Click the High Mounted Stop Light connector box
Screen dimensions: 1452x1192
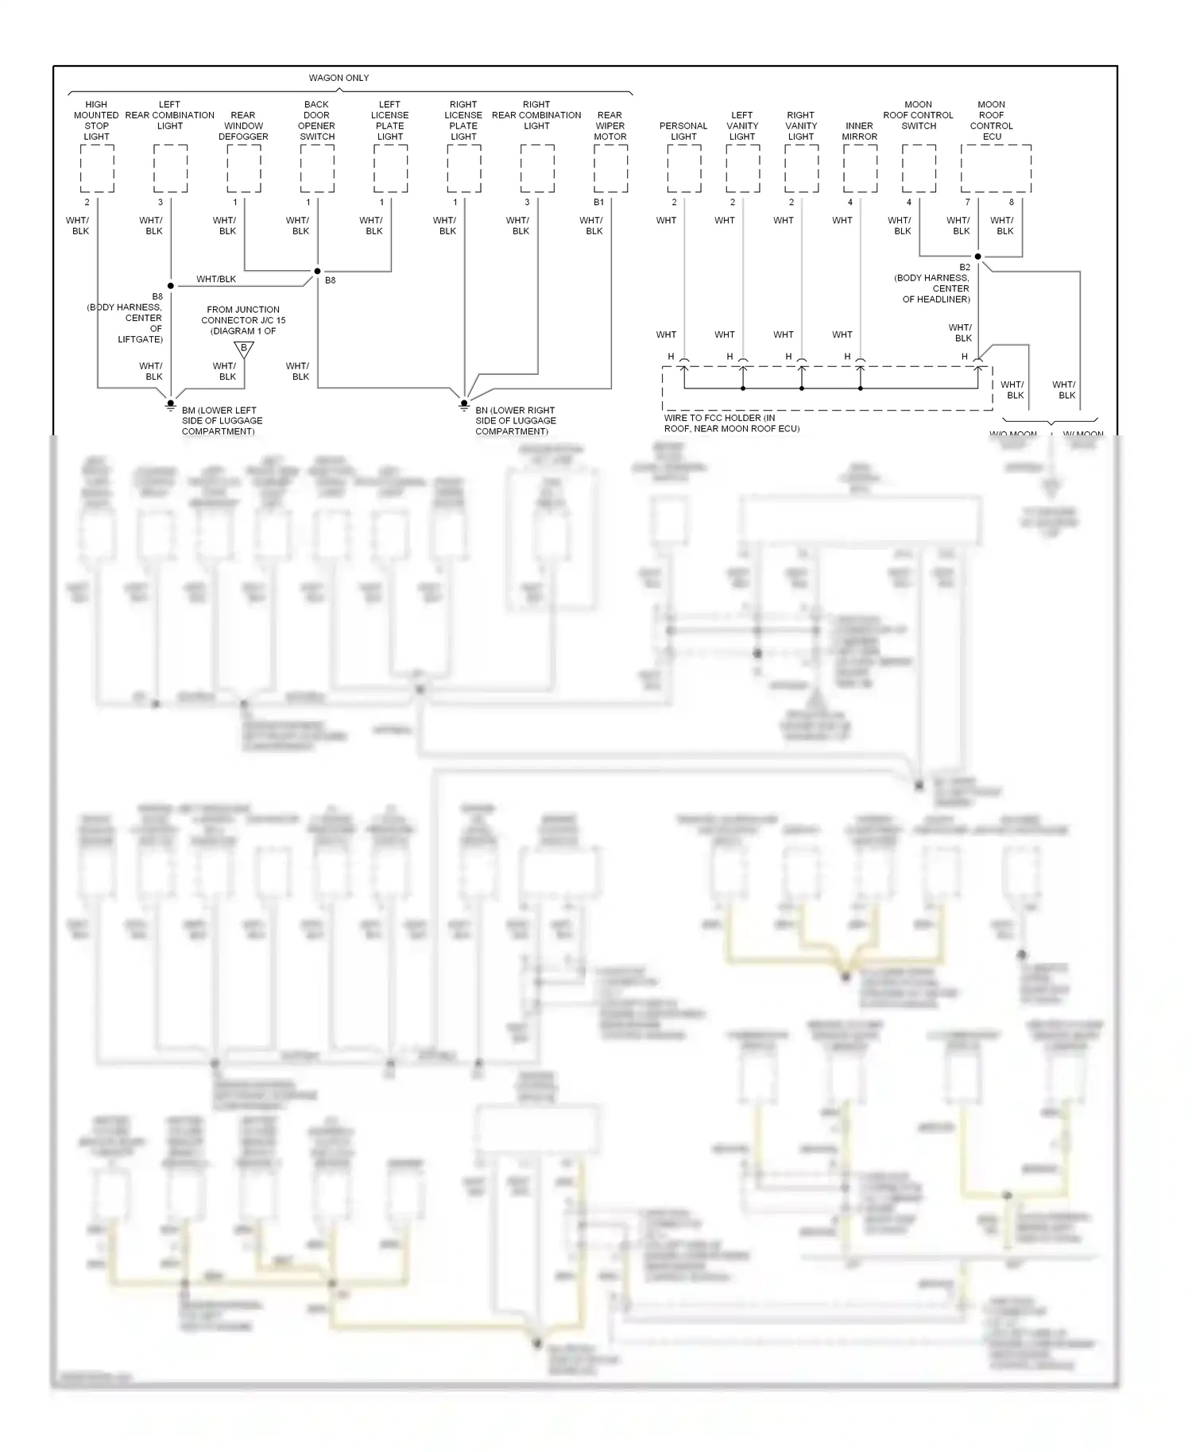pos(97,168)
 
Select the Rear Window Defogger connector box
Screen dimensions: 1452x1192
pos(244,168)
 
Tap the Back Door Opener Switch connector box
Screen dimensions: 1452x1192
pos(317,168)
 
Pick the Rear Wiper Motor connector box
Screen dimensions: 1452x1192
pos(610,168)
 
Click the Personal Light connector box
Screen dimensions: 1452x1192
pos(683,168)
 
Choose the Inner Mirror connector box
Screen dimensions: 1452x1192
pos(860,168)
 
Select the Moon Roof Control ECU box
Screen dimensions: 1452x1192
pos(996,168)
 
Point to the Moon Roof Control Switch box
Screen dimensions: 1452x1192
pos(919,168)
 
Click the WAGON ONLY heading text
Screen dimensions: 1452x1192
pos(339,78)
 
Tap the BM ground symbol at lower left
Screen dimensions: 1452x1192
pos(170,404)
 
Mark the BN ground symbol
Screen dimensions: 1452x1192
pos(464,404)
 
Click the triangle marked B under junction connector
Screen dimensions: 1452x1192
pos(244,349)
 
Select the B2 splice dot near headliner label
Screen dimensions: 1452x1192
pos(977,257)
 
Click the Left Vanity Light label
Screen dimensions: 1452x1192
pos(742,126)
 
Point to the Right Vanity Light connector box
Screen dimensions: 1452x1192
pos(801,168)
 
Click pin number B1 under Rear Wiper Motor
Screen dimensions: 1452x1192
pos(598,203)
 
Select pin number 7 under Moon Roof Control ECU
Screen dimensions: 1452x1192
pos(968,203)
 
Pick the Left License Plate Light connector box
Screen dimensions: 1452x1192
pos(390,168)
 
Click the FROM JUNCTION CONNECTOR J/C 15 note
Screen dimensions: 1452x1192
pos(243,320)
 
